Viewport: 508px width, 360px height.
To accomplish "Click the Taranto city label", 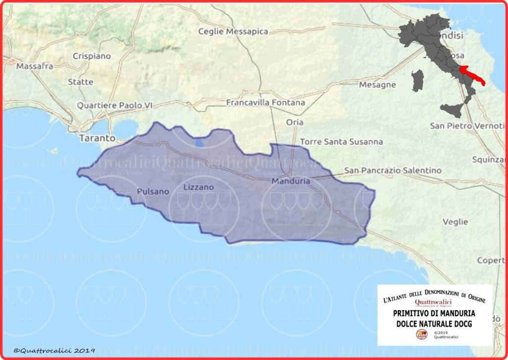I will (x=97, y=138).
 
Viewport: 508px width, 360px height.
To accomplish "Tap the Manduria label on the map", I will (x=291, y=181).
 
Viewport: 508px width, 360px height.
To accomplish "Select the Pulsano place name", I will (x=153, y=191).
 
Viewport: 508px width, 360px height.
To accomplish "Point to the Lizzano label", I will (x=198, y=187).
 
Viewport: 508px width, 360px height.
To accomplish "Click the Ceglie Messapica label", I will (x=233, y=31).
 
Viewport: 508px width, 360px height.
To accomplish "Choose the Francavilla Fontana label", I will (x=265, y=103).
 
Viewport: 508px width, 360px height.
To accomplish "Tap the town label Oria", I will (x=295, y=122).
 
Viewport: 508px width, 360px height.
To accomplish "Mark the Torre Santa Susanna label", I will (x=341, y=142).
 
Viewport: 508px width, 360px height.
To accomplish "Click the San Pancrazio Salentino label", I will (x=393, y=170).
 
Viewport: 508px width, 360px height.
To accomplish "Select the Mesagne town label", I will (x=378, y=84).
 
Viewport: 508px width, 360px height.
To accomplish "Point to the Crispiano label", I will (x=92, y=56).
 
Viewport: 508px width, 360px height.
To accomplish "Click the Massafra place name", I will (x=35, y=66).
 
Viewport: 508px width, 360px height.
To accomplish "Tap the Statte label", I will (x=80, y=81).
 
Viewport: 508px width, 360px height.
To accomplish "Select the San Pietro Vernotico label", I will (x=467, y=126).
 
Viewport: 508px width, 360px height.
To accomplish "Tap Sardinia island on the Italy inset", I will (x=418, y=80).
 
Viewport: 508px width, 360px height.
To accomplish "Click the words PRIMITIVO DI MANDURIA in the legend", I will (x=434, y=313).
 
